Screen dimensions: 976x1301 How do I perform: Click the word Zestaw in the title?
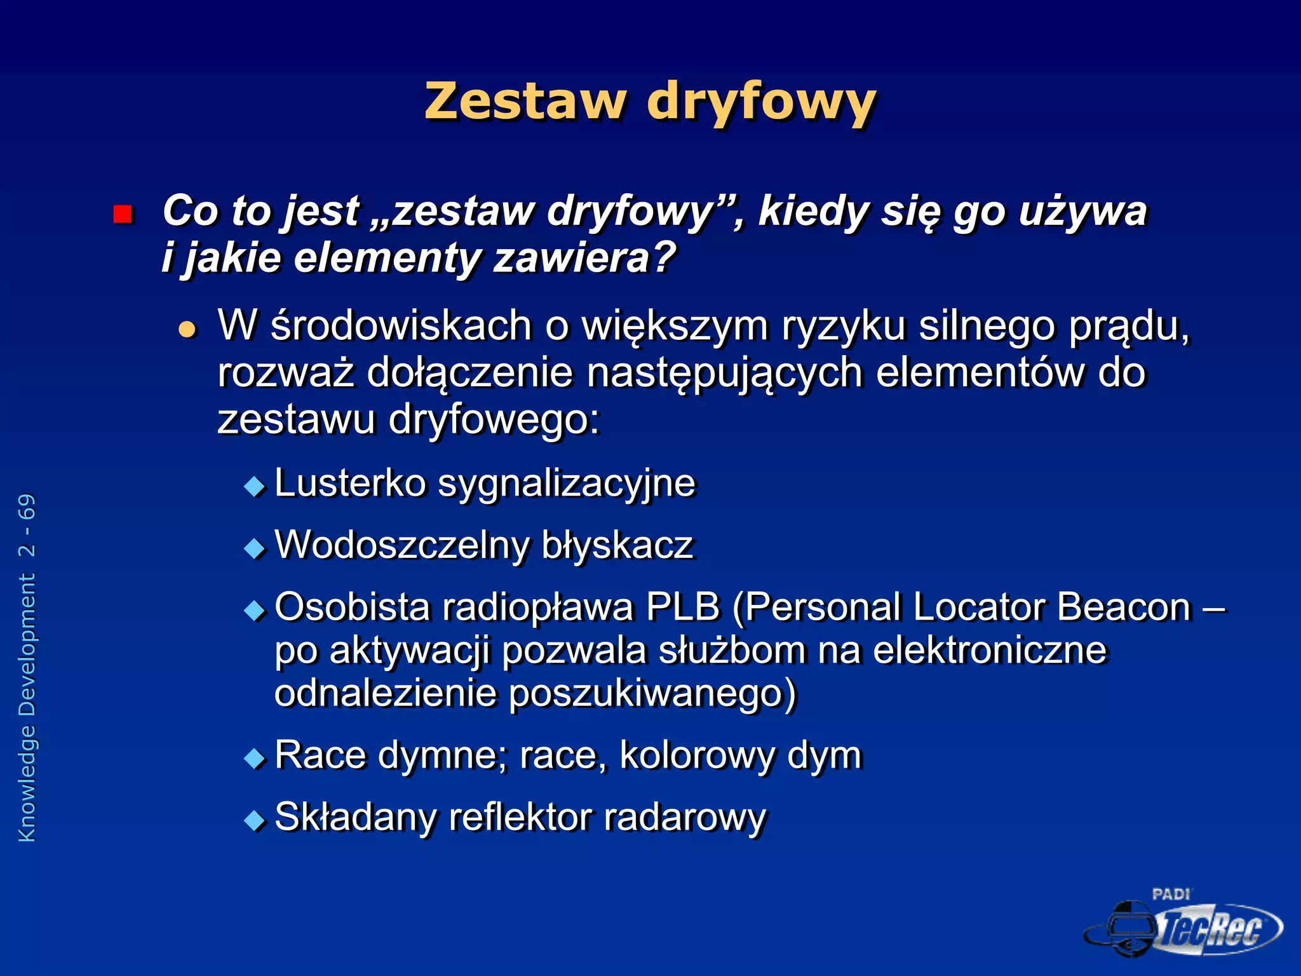click(x=525, y=102)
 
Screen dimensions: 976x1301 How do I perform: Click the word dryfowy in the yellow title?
click(x=761, y=103)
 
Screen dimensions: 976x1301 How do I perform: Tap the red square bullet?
click(x=122, y=214)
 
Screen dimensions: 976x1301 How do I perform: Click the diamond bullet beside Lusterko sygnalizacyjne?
click(x=255, y=487)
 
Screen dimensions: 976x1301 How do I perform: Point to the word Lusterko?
click(x=350, y=483)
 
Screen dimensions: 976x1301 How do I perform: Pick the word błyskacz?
click(x=617, y=545)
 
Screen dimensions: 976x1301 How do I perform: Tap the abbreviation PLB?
click(x=683, y=607)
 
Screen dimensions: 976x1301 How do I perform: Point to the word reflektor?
click(x=520, y=817)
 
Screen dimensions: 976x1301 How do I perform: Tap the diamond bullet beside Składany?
click(x=255, y=820)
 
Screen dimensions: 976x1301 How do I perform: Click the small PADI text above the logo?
click(x=1171, y=895)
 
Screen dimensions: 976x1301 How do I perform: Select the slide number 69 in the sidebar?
click(x=27, y=507)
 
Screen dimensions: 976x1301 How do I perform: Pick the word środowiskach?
click(x=401, y=325)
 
